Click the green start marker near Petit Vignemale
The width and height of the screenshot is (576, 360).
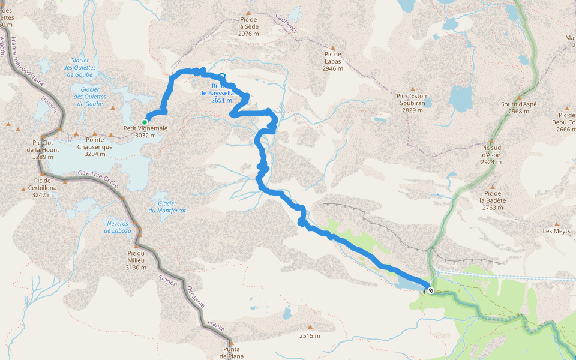coord(145,122)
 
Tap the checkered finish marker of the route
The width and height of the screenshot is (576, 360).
coord(431,290)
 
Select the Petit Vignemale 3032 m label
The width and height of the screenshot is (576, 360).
coord(145,131)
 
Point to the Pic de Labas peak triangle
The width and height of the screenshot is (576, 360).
coord(333,47)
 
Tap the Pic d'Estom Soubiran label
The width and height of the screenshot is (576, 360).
coord(412,103)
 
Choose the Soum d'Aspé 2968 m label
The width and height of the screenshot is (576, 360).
coord(518,107)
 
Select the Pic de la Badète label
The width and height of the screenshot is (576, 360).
coord(492,200)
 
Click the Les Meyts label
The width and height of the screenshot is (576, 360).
coord(556,231)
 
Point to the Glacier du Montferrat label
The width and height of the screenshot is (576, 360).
coord(167,207)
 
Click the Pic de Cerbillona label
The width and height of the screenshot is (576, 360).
coord(42,184)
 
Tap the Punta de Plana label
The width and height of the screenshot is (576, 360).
coord(232,352)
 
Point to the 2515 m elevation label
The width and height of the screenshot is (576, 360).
coord(310,335)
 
